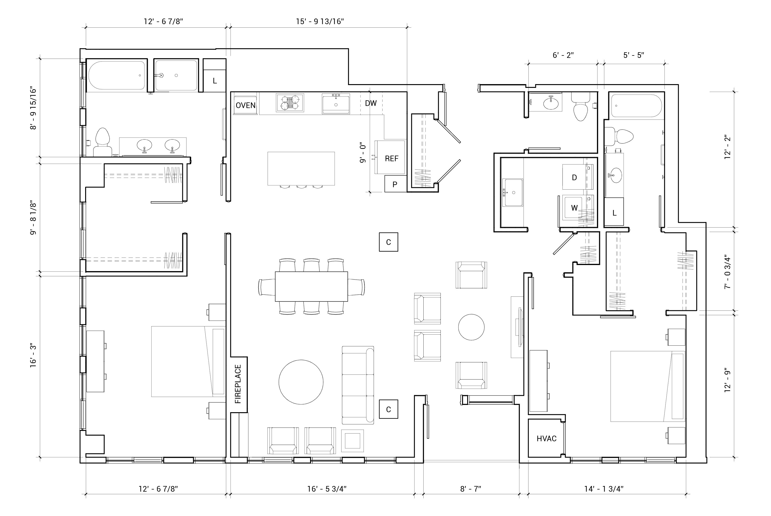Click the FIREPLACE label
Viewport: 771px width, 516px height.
click(238, 384)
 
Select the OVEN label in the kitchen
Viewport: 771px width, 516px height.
click(245, 105)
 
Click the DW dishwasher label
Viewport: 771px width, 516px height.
click(371, 103)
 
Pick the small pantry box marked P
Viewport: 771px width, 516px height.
click(395, 184)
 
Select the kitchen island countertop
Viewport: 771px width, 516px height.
click(301, 168)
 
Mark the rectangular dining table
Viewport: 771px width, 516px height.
click(311, 286)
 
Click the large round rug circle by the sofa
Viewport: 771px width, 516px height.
click(301, 382)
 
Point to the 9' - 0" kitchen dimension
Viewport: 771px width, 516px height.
click(363, 153)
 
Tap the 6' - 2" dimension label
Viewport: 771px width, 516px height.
click(563, 55)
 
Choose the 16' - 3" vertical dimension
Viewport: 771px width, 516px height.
click(33, 356)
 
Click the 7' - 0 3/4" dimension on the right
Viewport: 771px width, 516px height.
click(728, 273)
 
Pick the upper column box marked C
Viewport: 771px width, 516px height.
click(389, 242)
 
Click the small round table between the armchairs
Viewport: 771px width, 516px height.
click(471, 327)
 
